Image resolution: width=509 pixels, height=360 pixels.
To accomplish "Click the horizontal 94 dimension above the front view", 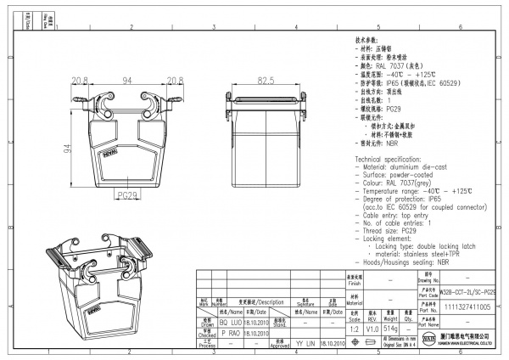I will coord(128,80).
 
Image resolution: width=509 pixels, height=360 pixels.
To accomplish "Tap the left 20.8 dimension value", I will coord(81,80).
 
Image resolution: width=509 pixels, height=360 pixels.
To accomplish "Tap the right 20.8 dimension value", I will coord(175,80).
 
